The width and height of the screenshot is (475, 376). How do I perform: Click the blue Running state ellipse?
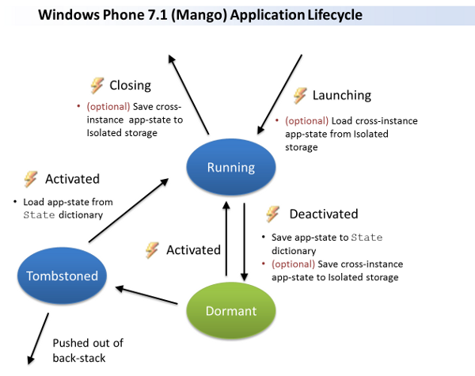[230, 167]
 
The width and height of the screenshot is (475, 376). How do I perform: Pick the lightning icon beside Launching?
[300, 95]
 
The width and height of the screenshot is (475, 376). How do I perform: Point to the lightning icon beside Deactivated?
[273, 214]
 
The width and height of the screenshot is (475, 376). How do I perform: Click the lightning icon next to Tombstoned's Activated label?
[30, 179]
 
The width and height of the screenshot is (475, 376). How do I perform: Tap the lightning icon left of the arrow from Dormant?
[152, 250]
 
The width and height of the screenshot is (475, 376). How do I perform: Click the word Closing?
[130, 85]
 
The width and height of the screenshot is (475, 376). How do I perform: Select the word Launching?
[341, 95]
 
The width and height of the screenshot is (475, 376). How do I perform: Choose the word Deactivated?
[323, 214]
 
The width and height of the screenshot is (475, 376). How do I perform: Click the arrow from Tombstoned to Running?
[127, 210]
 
